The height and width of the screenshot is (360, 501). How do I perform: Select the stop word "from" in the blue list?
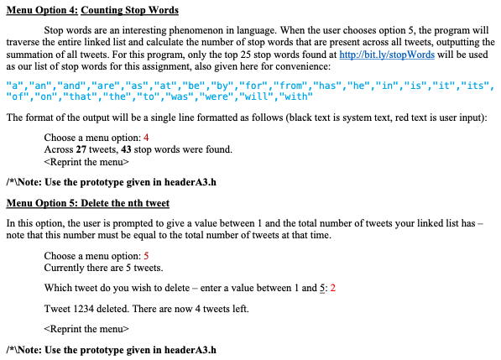[x=292, y=86]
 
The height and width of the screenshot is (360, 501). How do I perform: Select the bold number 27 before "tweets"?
[x=82, y=149]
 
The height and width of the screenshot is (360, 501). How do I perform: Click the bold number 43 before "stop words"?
[x=129, y=149]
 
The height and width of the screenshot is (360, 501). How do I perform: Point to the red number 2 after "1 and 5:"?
[x=333, y=288]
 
